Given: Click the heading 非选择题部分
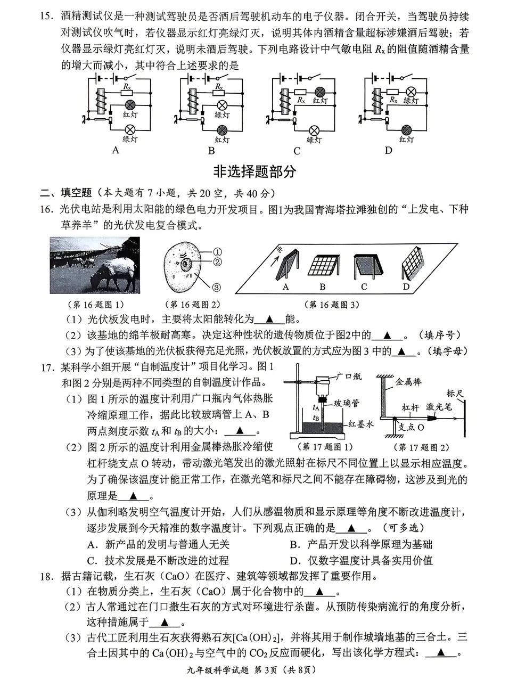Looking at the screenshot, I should pos(254,171).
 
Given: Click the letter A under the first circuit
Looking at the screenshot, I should pos(116,150).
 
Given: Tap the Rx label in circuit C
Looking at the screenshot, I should pos(301,100).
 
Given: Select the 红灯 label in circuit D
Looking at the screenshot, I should pos(406,139).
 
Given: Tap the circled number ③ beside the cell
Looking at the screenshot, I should pos(217,287).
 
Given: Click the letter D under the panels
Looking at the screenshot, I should pos(406,287).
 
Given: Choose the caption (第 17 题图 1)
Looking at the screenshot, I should pos(324,447).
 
